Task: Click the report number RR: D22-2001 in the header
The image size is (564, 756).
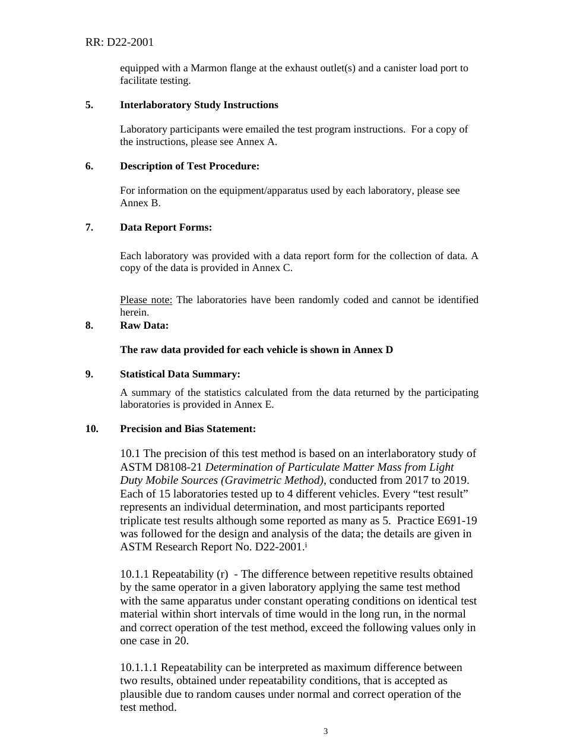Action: [x=119, y=42]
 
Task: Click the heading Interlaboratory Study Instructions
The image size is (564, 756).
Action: [x=199, y=105]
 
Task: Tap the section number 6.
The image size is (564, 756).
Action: [x=88, y=166]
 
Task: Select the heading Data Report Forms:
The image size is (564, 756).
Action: [x=166, y=228]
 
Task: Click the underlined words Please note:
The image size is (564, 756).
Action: [x=146, y=300]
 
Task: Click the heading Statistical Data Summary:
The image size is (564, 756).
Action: [x=180, y=374]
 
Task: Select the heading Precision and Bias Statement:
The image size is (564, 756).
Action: [x=188, y=429]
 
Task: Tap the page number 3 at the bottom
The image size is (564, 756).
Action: [x=325, y=732]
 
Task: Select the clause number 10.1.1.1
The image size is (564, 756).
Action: [x=139, y=668]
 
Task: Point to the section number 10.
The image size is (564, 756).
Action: [x=91, y=429]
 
